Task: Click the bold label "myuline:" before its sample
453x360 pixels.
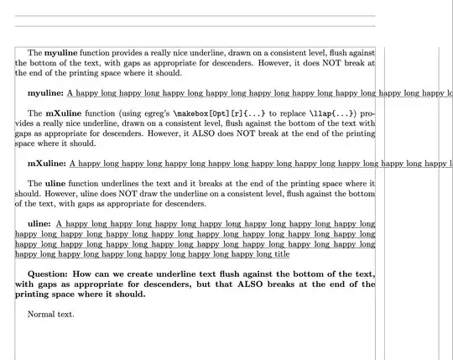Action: pyautogui.click(x=46, y=93)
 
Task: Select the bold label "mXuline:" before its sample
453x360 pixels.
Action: pyautogui.click(x=47, y=164)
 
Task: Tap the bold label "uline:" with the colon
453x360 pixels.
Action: pyautogui.click(x=39, y=224)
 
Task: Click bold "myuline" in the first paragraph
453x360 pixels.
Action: pyautogui.click(x=60, y=53)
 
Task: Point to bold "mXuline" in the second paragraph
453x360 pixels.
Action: pyautogui.click(x=62, y=112)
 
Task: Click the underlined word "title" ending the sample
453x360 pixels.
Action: pyautogui.click(x=278, y=254)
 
